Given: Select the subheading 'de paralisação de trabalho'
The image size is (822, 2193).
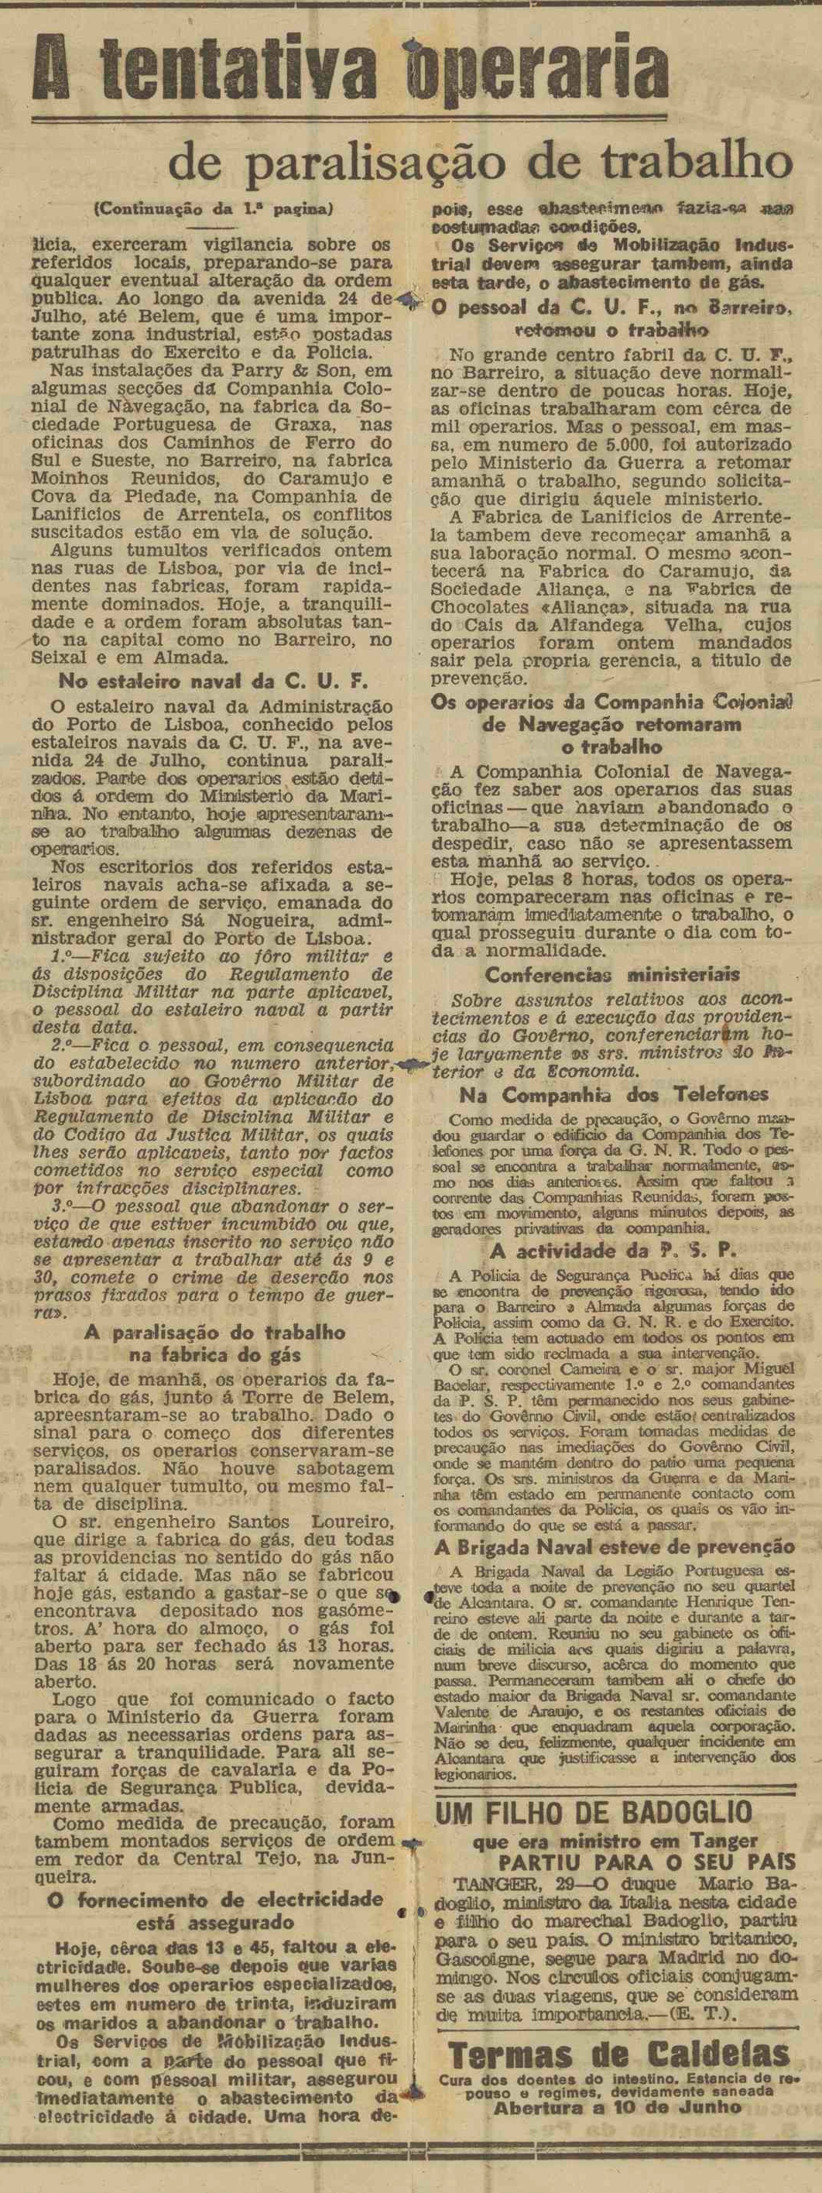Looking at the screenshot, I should pyautogui.click(x=480, y=162).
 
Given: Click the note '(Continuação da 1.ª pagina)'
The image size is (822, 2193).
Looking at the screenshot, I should pyautogui.click(x=213, y=207).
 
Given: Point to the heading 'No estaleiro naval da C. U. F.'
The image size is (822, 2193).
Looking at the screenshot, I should pyautogui.click(x=212, y=681).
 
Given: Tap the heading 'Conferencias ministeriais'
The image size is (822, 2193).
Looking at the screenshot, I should pyautogui.click(x=611, y=975).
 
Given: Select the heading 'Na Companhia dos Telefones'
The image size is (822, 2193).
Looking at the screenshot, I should pyautogui.click(x=614, y=1095).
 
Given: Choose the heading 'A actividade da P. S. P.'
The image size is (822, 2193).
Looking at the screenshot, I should pyautogui.click(x=614, y=1251).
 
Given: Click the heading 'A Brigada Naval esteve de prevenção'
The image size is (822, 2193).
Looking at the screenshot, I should pyautogui.click(x=615, y=1547).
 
